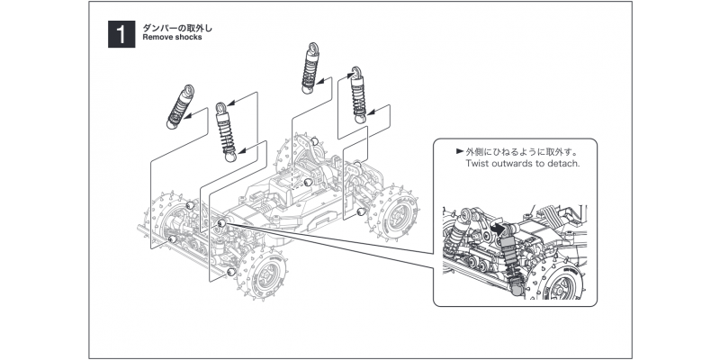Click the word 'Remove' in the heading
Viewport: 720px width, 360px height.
tap(157, 39)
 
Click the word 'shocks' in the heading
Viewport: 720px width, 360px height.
tap(190, 39)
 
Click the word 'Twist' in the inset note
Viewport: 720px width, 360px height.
tap(480, 165)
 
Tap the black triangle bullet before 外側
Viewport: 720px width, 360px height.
tap(460, 152)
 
